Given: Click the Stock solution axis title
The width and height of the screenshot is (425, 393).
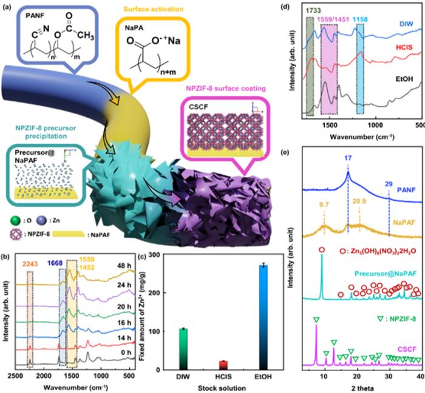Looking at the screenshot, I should pyautogui.click(x=224, y=388).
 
